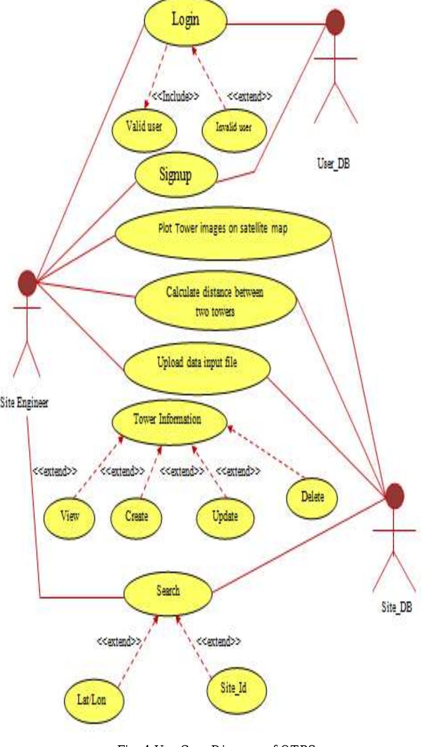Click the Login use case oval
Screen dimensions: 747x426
[x=185, y=21]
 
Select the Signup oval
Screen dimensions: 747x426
[x=175, y=175]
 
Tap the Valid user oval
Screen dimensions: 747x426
[x=144, y=127]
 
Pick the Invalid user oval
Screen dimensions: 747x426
[x=234, y=128]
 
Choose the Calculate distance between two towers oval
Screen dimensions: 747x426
[x=215, y=301]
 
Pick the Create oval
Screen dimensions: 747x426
[x=137, y=516]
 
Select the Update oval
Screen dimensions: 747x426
[x=225, y=517]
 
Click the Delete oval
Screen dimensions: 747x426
[x=312, y=497]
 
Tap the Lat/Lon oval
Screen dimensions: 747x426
[x=92, y=700]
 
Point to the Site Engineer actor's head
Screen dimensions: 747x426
[x=27, y=283]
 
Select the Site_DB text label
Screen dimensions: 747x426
[x=396, y=608]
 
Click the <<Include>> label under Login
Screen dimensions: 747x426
[x=175, y=96]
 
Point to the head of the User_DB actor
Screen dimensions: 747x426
[x=335, y=22]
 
